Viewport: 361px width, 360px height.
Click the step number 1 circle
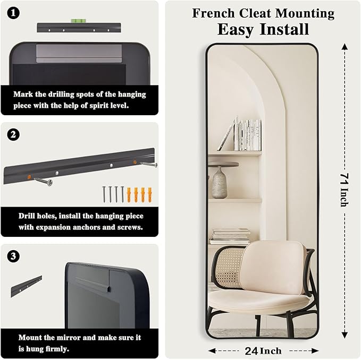[x=13, y=13]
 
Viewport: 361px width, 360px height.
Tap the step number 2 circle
[x=13, y=134]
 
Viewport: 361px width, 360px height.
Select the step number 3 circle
[x=13, y=256]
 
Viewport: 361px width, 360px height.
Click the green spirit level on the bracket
[x=78, y=21]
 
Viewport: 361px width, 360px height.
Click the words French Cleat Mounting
[x=263, y=13]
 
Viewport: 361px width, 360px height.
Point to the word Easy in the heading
[x=236, y=30]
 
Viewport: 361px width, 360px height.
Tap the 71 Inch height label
[x=345, y=190]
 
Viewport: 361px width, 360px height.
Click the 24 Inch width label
[x=263, y=351]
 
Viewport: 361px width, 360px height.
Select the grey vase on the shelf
[x=220, y=182]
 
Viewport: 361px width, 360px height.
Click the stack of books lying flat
[x=230, y=237]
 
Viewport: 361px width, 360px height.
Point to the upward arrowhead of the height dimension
[x=345, y=47]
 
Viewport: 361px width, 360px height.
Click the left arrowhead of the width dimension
[x=212, y=351]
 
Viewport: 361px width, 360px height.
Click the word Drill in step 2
[x=26, y=216]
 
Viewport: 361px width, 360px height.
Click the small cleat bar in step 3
[x=26, y=286]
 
